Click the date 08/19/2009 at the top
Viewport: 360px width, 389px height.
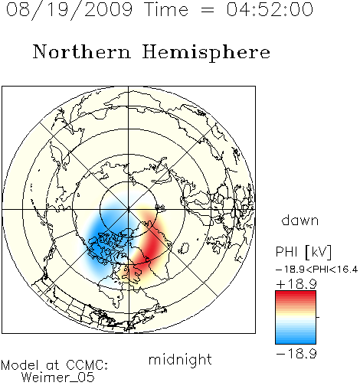click(x=69, y=10)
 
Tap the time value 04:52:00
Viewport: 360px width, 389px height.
click(x=270, y=9)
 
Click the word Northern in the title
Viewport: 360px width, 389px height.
click(x=82, y=51)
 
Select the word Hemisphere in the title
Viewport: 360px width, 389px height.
click(x=206, y=53)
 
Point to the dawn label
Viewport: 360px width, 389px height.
click(x=300, y=220)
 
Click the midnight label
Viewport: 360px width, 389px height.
click(x=180, y=359)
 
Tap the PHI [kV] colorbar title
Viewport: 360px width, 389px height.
click(x=303, y=252)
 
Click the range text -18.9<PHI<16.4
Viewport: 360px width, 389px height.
click(x=317, y=269)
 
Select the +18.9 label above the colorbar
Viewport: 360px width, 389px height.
click(x=296, y=284)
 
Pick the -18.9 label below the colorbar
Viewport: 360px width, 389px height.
click(x=296, y=354)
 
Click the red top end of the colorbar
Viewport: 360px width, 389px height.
click(x=296, y=293)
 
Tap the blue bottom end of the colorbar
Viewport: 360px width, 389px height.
click(x=296, y=342)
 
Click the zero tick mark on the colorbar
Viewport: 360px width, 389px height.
click(x=318, y=317)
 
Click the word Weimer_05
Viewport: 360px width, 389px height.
click(x=58, y=378)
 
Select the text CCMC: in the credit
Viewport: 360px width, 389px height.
click(x=87, y=365)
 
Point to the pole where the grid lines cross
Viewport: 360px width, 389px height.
click(x=129, y=210)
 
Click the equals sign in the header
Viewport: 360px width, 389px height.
click(x=208, y=10)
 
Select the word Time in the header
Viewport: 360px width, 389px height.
click(x=166, y=9)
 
